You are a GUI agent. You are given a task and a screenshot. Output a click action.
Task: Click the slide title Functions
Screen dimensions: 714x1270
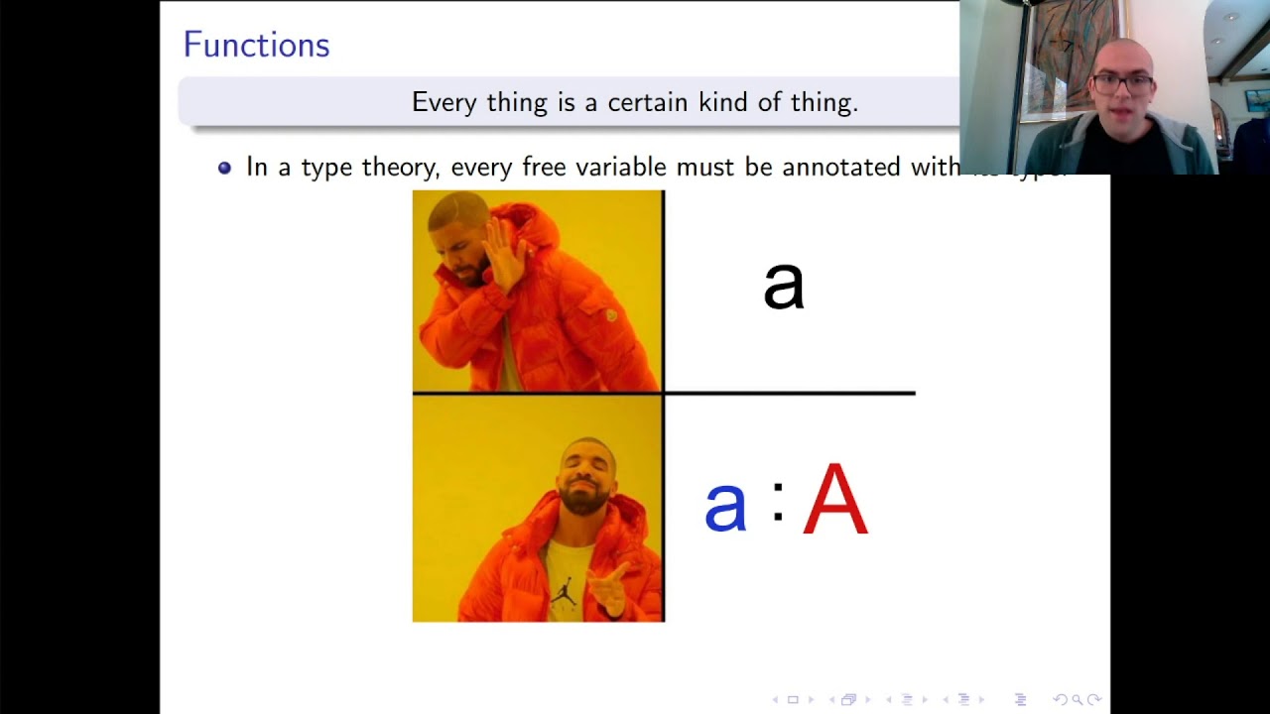tap(256, 45)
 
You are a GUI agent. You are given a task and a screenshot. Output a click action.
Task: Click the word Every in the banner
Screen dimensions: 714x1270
tap(444, 102)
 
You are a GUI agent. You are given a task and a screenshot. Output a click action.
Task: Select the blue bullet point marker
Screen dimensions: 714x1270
tap(224, 168)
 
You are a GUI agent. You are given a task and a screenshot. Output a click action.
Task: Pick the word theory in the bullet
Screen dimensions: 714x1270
tap(399, 168)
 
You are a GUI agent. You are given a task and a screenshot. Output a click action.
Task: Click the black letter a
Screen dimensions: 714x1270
tap(783, 286)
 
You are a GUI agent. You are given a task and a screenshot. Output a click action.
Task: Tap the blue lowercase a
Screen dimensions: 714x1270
tap(724, 506)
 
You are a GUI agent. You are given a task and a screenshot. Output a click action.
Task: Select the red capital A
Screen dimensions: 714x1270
tap(835, 501)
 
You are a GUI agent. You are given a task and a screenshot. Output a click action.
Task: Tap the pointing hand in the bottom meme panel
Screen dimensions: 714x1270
tap(611, 587)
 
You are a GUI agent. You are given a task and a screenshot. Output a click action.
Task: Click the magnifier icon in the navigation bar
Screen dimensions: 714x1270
tap(1077, 700)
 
